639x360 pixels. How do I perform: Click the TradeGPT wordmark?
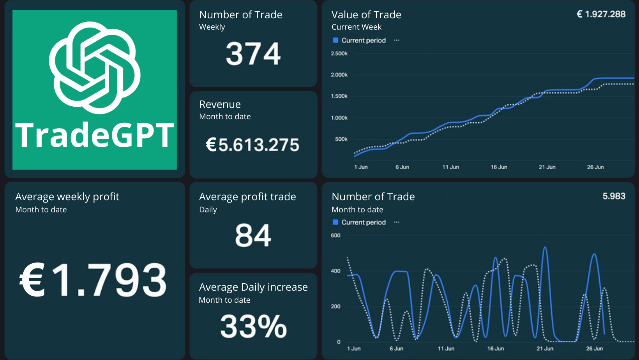point(95,135)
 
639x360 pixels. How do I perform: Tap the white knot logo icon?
point(95,67)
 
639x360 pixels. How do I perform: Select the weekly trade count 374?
point(253,54)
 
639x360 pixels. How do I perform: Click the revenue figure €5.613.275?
point(252,145)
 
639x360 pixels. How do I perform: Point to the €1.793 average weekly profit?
point(94,280)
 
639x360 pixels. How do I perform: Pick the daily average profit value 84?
point(253,235)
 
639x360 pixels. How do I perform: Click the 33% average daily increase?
point(253,326)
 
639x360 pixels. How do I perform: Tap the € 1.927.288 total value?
point(601,14)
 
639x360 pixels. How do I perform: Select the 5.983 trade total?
point(614,196)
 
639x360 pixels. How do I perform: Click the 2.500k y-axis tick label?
point(339,54)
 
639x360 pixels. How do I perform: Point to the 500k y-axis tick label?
point(341,139)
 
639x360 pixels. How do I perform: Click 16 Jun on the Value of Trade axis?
point(499,167)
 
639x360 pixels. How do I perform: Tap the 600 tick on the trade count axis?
point(335,235)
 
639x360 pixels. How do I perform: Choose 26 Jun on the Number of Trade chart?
point(594,349)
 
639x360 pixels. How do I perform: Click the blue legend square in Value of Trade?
point(335,40)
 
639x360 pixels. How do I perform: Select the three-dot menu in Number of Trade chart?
point(397,222)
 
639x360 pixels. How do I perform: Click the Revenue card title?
point(220,104)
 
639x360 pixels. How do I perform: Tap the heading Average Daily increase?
point(253,287)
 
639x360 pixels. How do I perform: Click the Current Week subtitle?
point(356,27)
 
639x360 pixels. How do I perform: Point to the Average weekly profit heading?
point(67,197)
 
